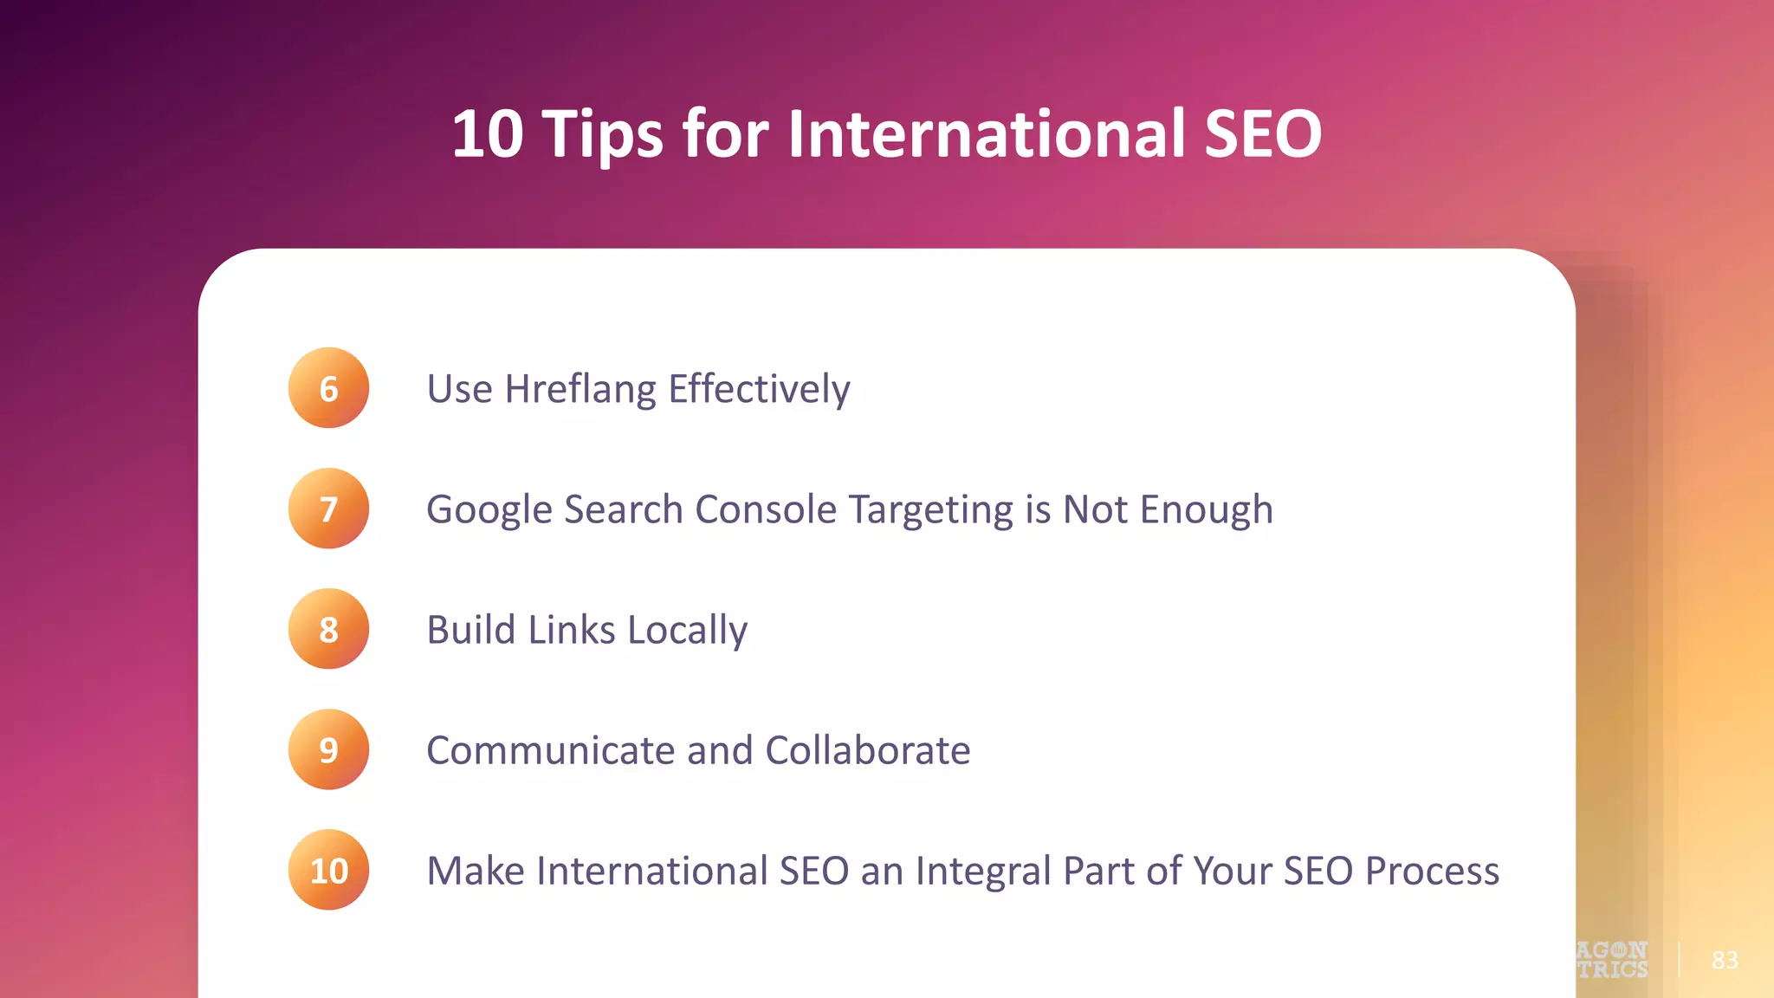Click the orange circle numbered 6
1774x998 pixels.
(x=328, y=388)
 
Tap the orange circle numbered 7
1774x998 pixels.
(x=328, y=509)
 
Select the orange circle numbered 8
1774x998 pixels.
(x=328, y=629)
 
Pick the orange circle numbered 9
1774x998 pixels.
(x=328, y=749)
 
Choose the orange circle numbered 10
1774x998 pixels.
(x=328, y=870)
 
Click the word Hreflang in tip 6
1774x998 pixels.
(x=580, y=389)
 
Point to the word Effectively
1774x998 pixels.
(x=759, y=389)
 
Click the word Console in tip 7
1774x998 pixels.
(x=766, y=509)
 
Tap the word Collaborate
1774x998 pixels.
(x=867, y=750)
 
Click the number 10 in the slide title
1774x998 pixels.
(x=488, y=134)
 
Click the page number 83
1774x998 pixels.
(x=1725, y=960)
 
